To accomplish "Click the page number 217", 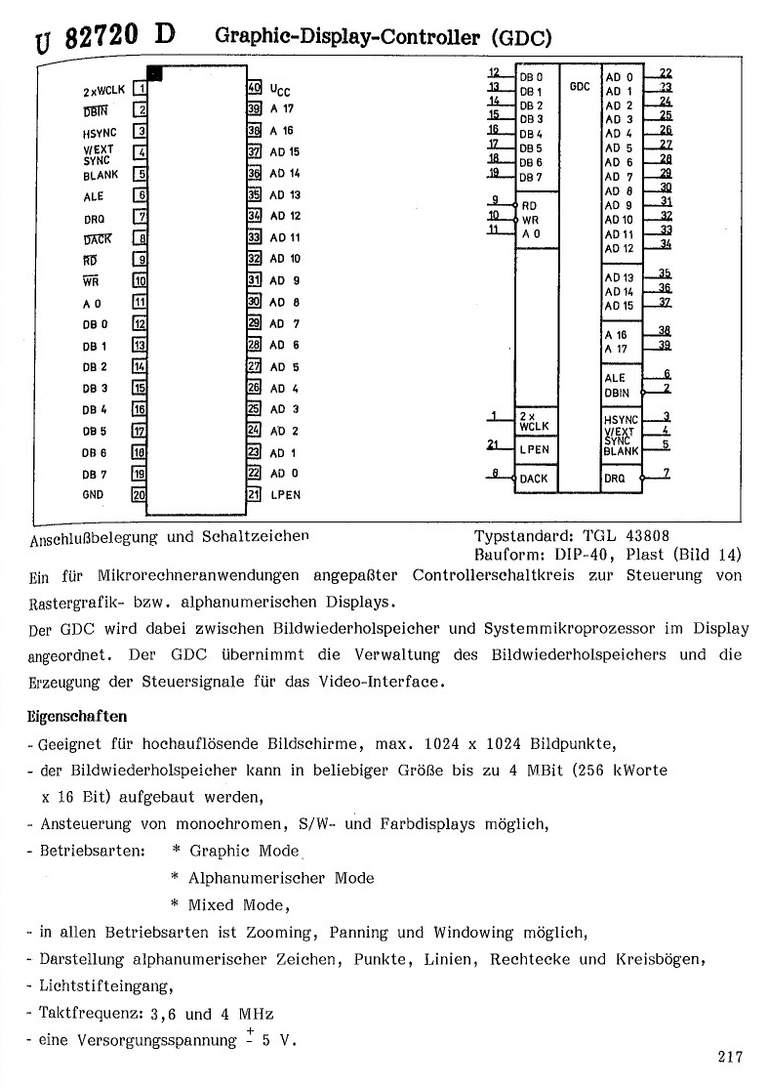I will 729,1056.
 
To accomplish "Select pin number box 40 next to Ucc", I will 254,88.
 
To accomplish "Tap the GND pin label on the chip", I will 94,495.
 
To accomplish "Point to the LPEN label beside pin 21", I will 285,495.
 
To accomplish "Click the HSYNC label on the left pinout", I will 100,132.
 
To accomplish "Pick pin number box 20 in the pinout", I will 140,495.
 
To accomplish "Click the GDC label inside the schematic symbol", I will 580,86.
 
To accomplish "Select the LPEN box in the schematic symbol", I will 535,449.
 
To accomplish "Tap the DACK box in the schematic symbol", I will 534,479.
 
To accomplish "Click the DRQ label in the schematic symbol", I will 615,479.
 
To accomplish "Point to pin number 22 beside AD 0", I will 666,73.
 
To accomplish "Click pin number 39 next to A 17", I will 666,344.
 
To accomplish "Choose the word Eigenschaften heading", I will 71,716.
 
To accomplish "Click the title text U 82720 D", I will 105,37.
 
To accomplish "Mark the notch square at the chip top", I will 155,72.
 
